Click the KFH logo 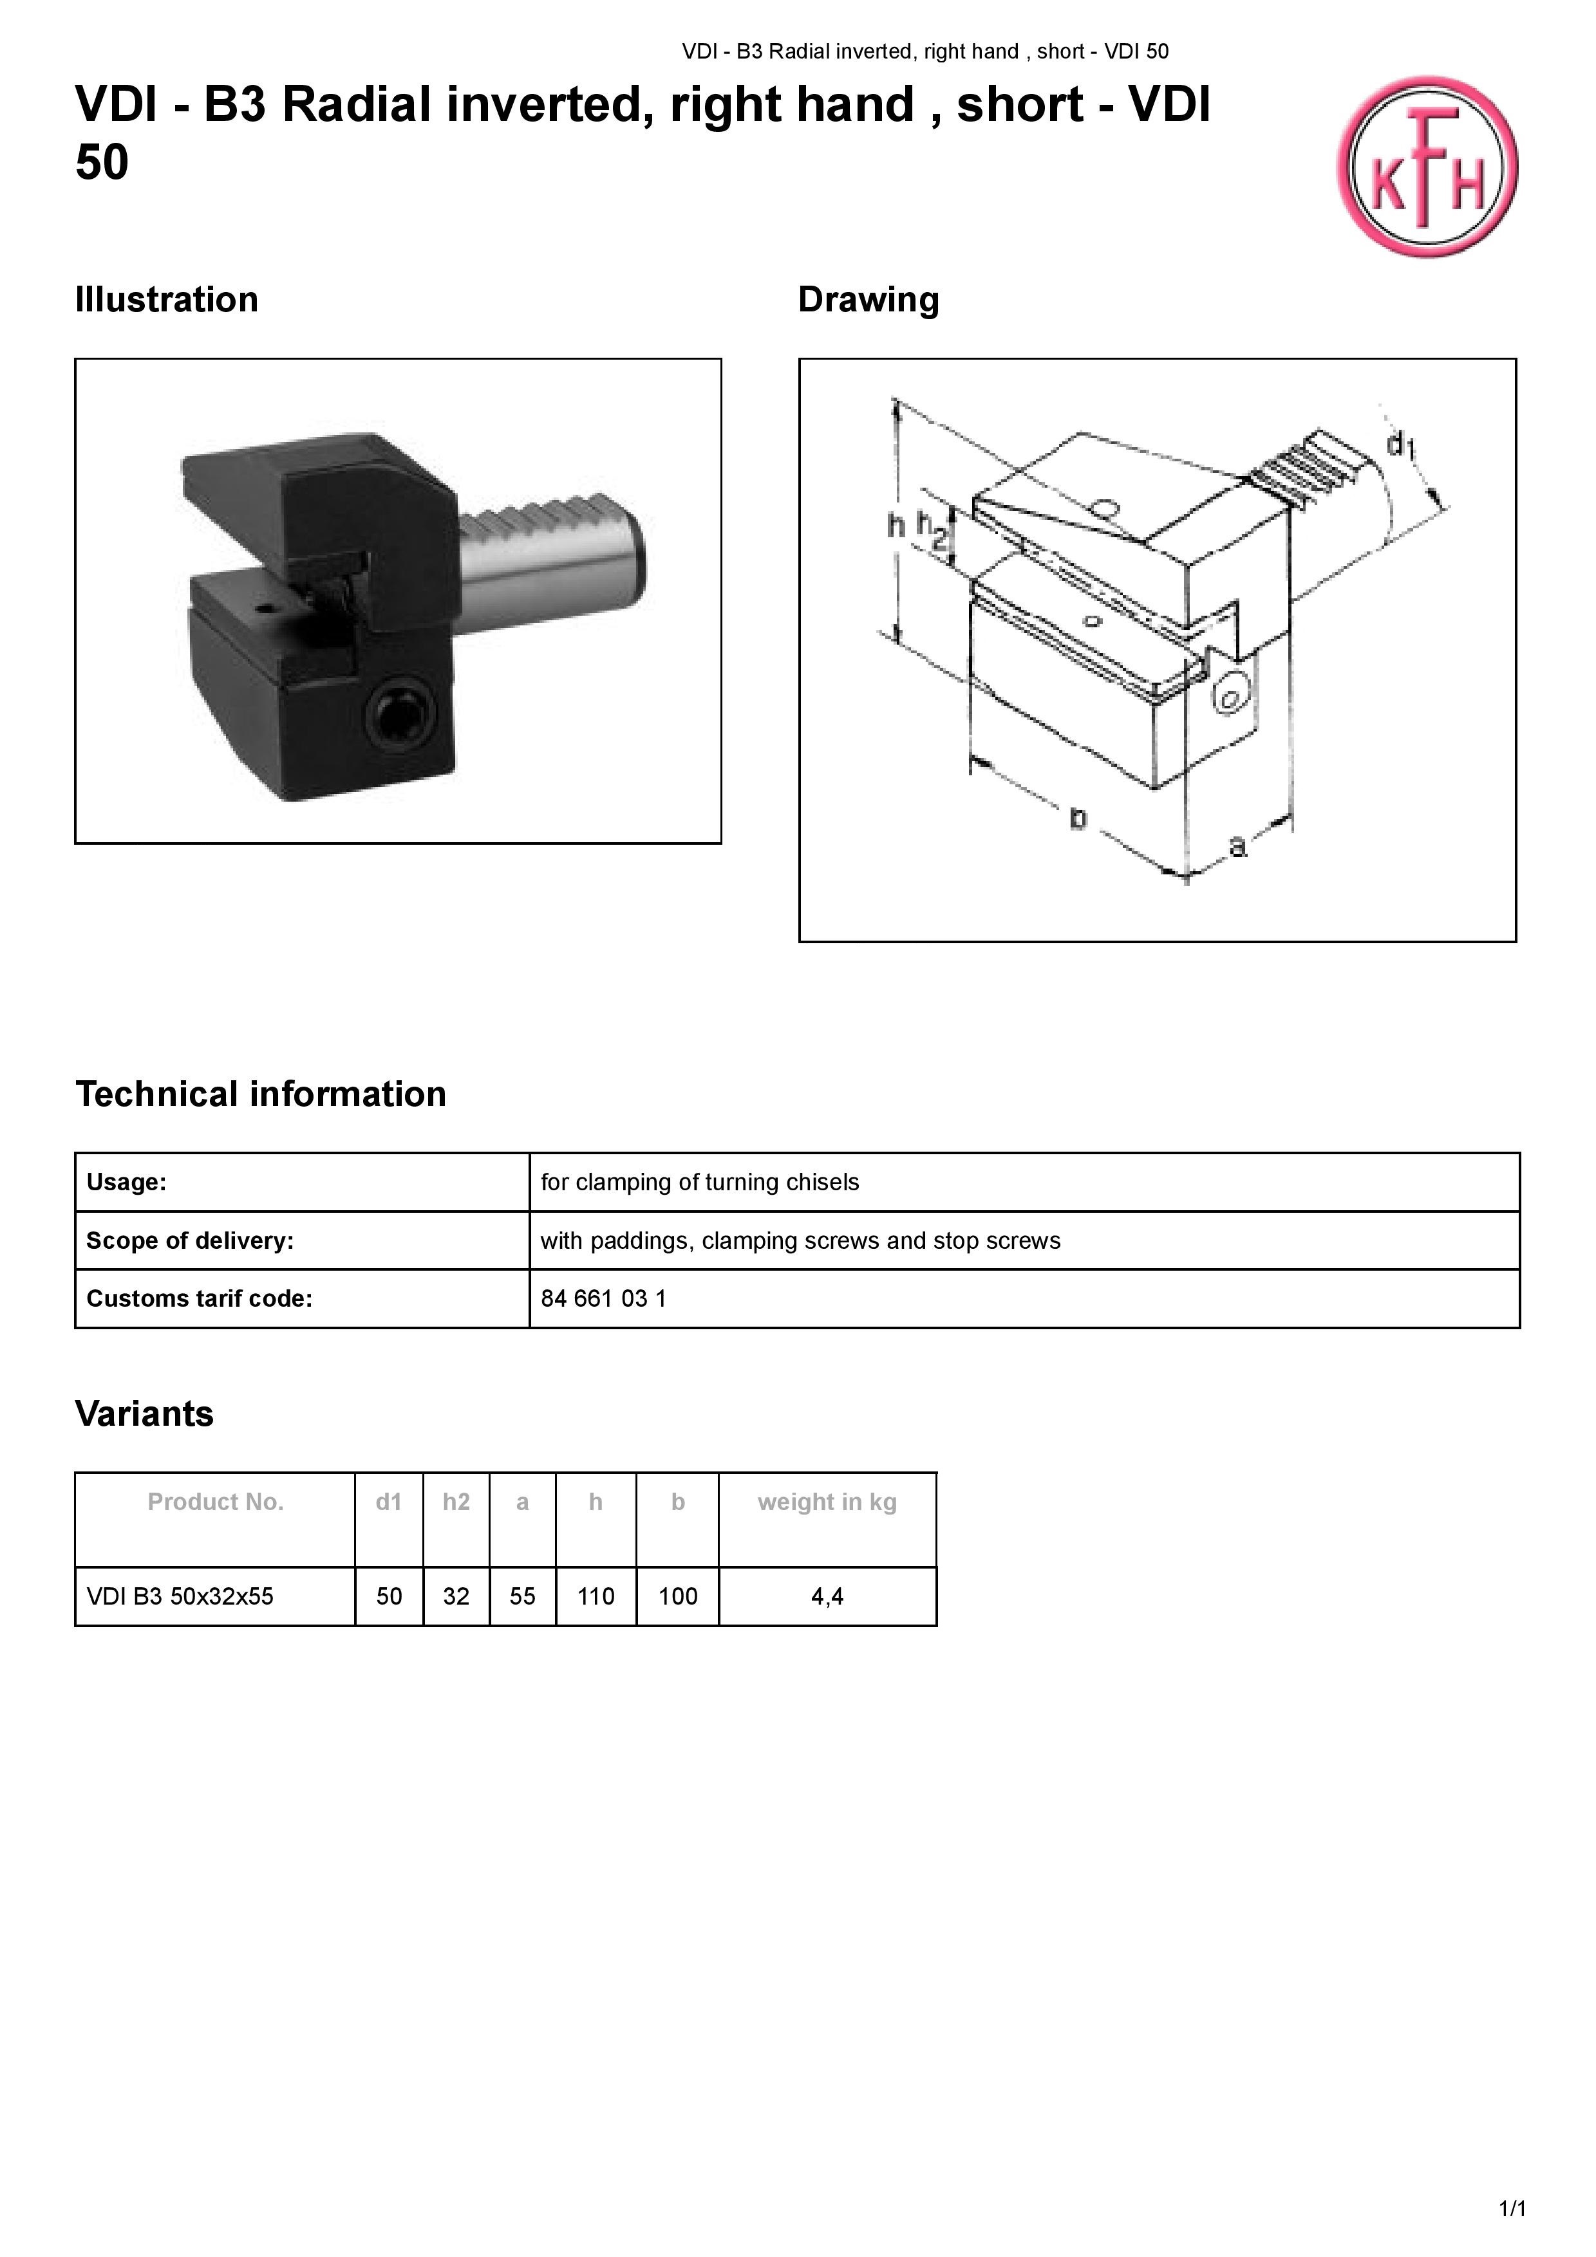pos(1427,167)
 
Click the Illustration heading pos(166,300)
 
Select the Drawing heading pos(868,300)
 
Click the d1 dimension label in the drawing pos(1400,445)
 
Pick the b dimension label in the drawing pos(1078,818)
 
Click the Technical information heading pos(261,1094)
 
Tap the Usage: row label pos(127,1183)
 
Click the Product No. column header pos(216,1502)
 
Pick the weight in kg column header pos(827,1502)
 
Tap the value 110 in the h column pos(596,1596)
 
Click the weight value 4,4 pos(827,1596)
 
